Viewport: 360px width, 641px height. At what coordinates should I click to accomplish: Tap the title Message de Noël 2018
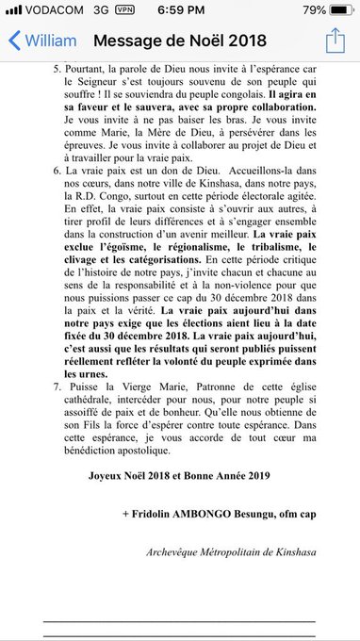(x=180, y=41)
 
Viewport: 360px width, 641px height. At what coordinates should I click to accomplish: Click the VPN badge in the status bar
(x=123, y=10)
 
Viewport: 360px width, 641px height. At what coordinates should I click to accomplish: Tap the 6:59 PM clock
(x=179, y=10)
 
